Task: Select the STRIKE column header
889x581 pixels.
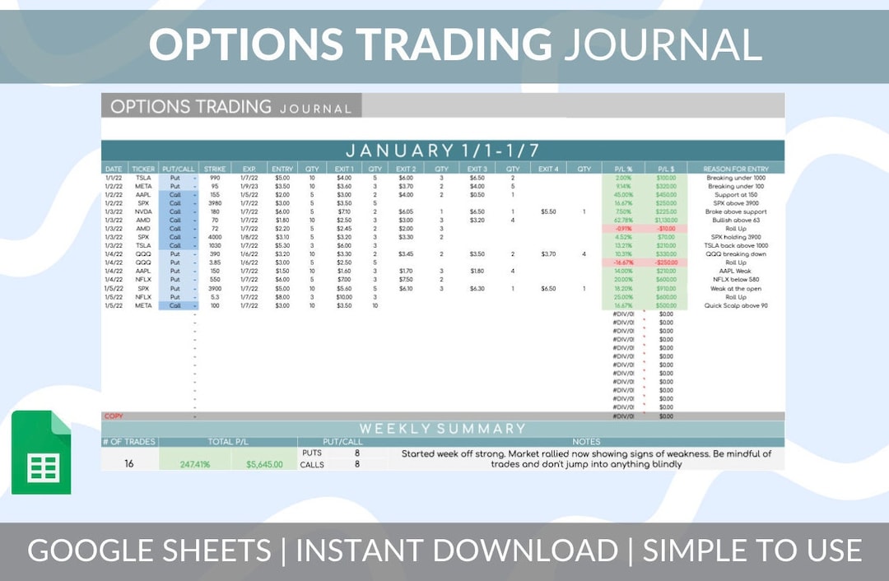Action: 215,169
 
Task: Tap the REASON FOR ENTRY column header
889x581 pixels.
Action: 737,169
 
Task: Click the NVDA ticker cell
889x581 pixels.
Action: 143,211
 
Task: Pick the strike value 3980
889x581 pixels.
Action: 215,202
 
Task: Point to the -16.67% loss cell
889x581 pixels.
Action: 623,263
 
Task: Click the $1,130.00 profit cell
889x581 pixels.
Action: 666,220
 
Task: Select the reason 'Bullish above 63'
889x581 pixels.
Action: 737,220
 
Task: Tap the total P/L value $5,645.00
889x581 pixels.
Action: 264,464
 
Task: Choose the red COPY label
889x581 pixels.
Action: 114,416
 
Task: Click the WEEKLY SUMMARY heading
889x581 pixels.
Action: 442,429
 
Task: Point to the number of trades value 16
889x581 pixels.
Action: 129,463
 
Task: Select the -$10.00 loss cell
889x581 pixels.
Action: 666,229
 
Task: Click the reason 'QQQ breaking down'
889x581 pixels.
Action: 737,254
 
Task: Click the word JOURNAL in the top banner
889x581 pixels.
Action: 662,44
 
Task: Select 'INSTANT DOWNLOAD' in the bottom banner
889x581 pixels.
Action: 456,551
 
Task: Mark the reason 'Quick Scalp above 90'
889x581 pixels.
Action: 737,305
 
